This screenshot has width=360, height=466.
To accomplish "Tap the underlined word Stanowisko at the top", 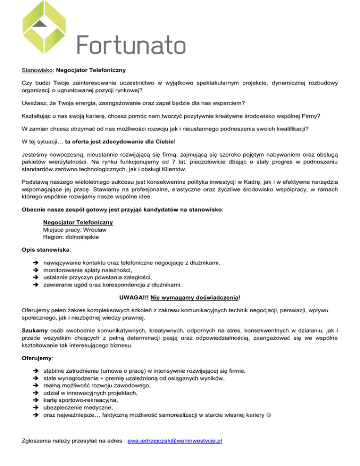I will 38,71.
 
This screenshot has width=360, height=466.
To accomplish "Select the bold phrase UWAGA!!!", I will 134,297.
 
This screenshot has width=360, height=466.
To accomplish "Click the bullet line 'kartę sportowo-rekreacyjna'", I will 79,400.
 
